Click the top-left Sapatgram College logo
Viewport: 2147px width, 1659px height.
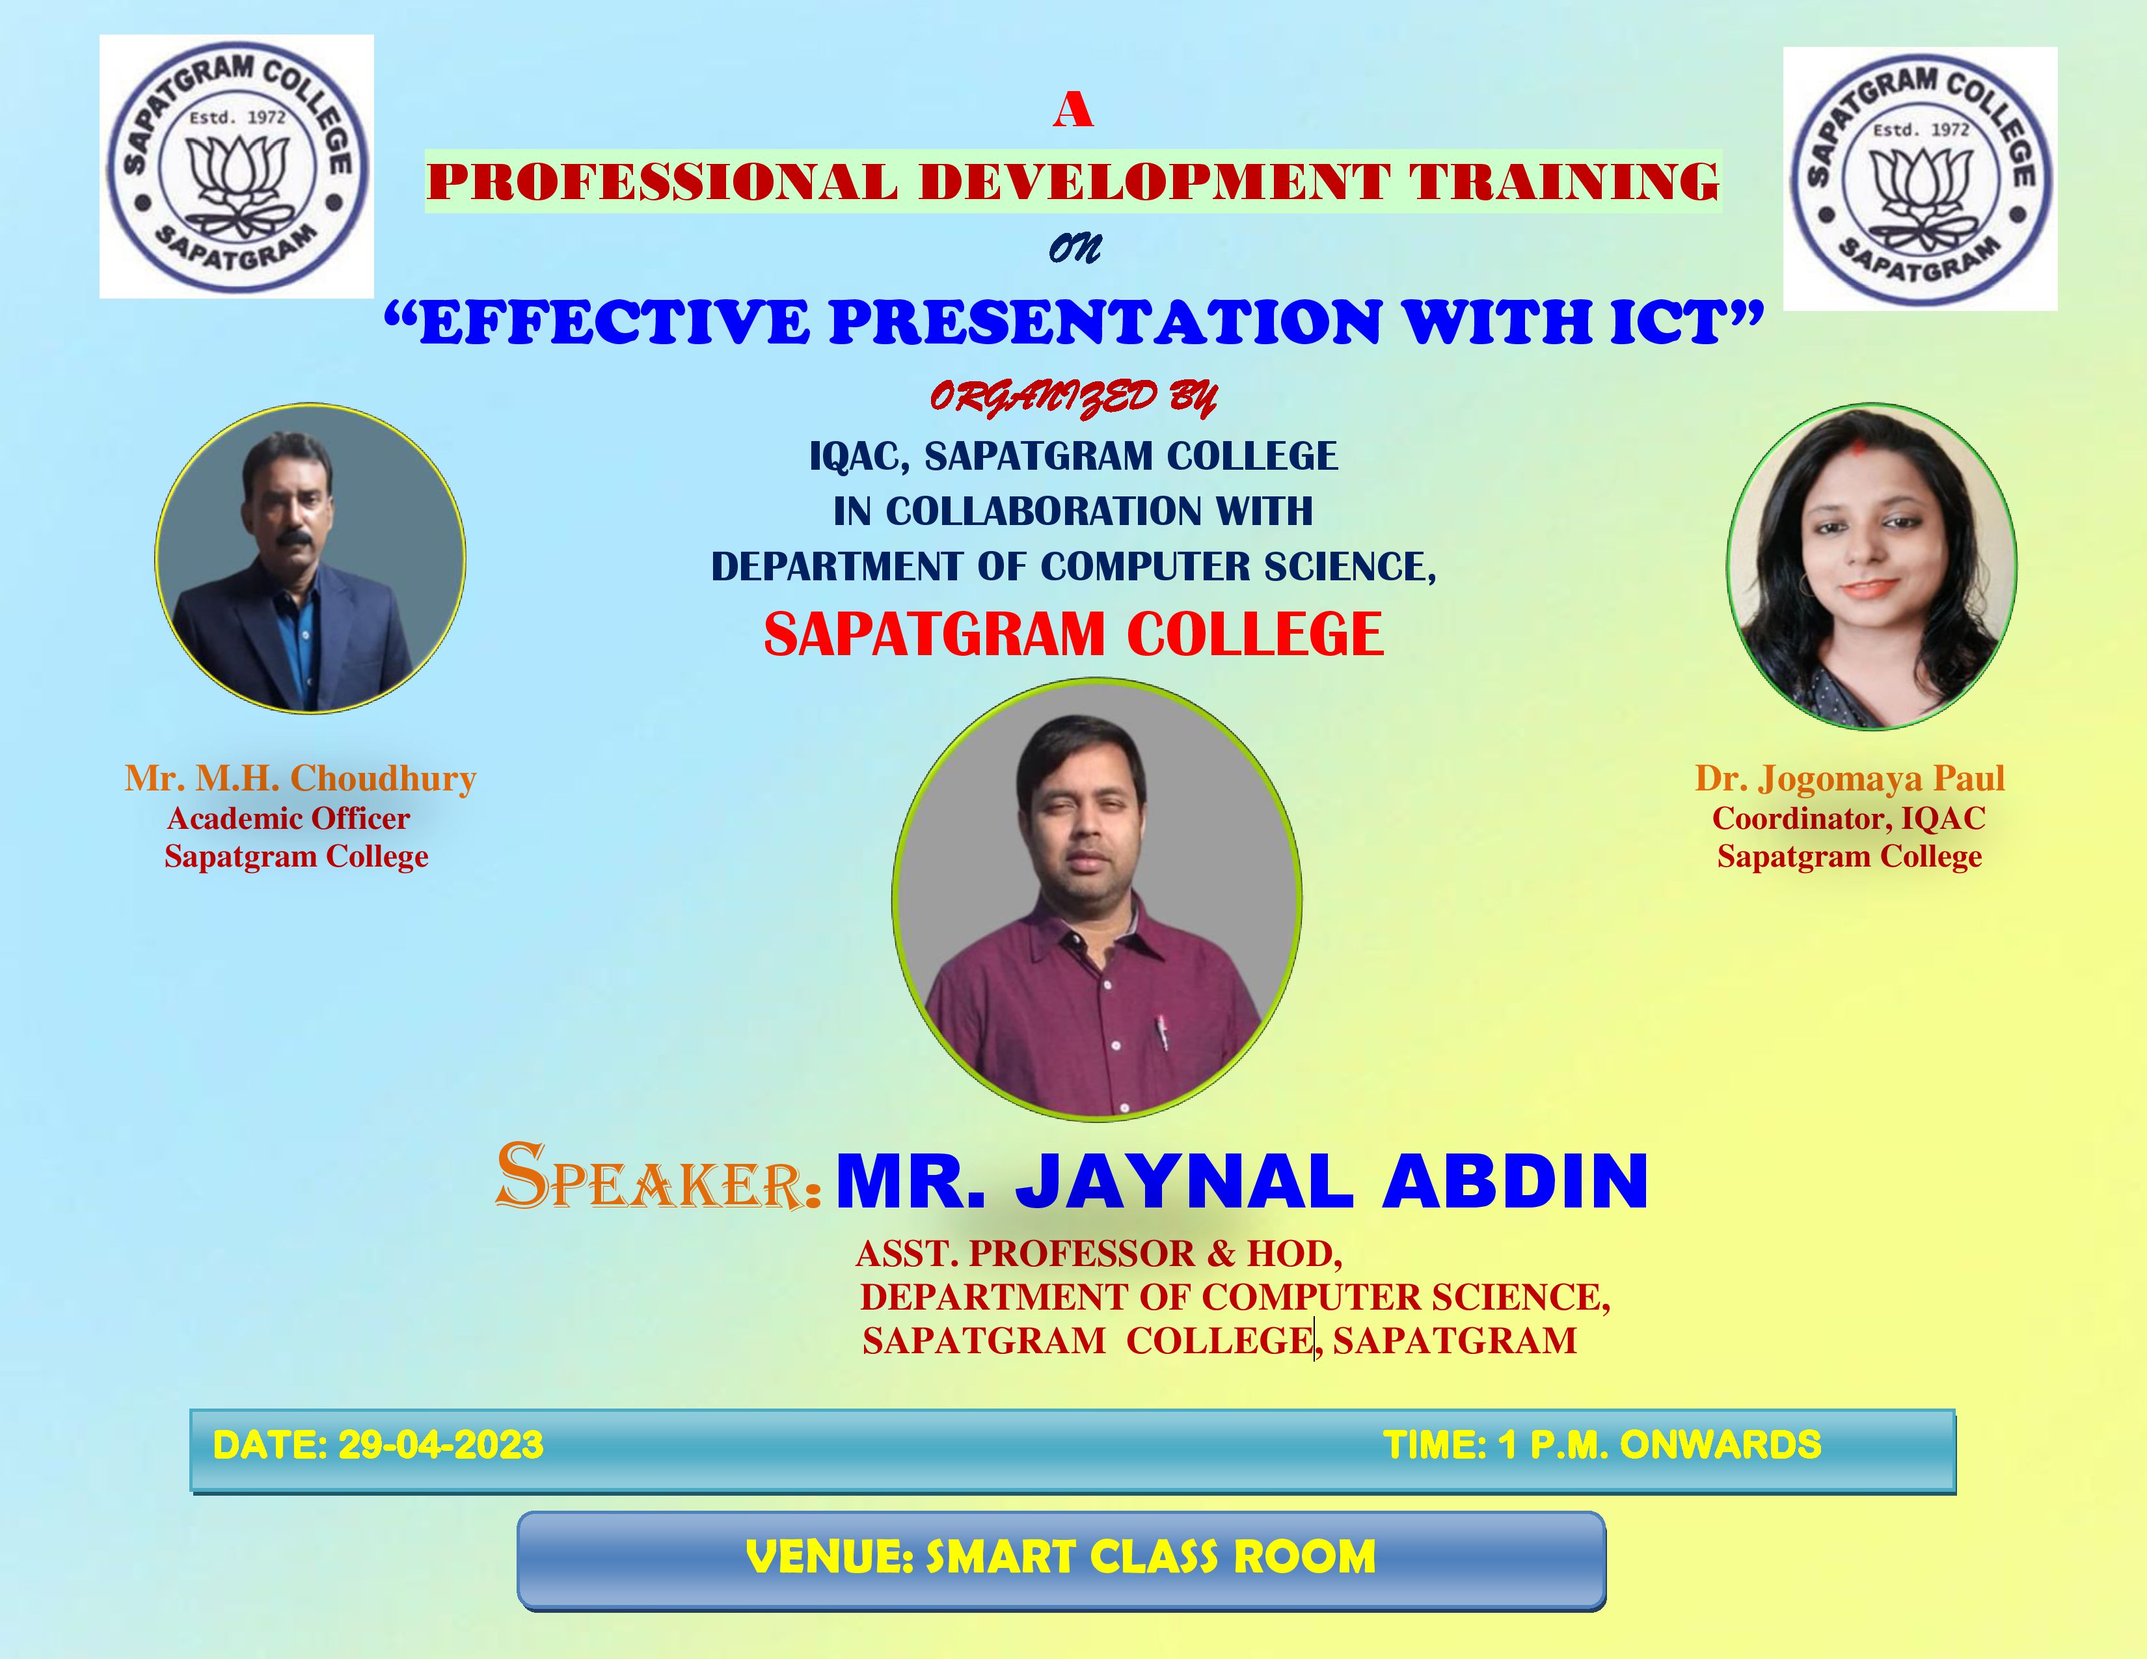pyautogui.click(x=237, y=166)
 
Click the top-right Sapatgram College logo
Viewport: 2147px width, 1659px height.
pyautogui.click(x=1920, y=179)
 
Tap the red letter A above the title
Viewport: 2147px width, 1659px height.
pyautogui.click(x=1072, y=109)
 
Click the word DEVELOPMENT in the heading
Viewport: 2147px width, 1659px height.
pyautogui.click(x=1154, y=182)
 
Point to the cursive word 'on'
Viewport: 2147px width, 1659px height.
pyautogui.click(x=1075, y=248)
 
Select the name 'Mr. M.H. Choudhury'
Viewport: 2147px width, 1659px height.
pyautogui.click(x=300, y=778)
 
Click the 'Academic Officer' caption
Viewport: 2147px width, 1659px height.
pyautogui.click(x=289, y=818)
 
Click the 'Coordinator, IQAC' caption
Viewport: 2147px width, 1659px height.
pyautogui.click(x=1849, y=818)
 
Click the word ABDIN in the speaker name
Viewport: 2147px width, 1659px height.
pyautogui.click(x=1515, y=1181)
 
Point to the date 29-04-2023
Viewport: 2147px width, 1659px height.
pyautogui.click(x=440, y=1445)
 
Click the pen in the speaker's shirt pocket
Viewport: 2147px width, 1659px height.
pyautogui.click(x=1162, y=1032)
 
